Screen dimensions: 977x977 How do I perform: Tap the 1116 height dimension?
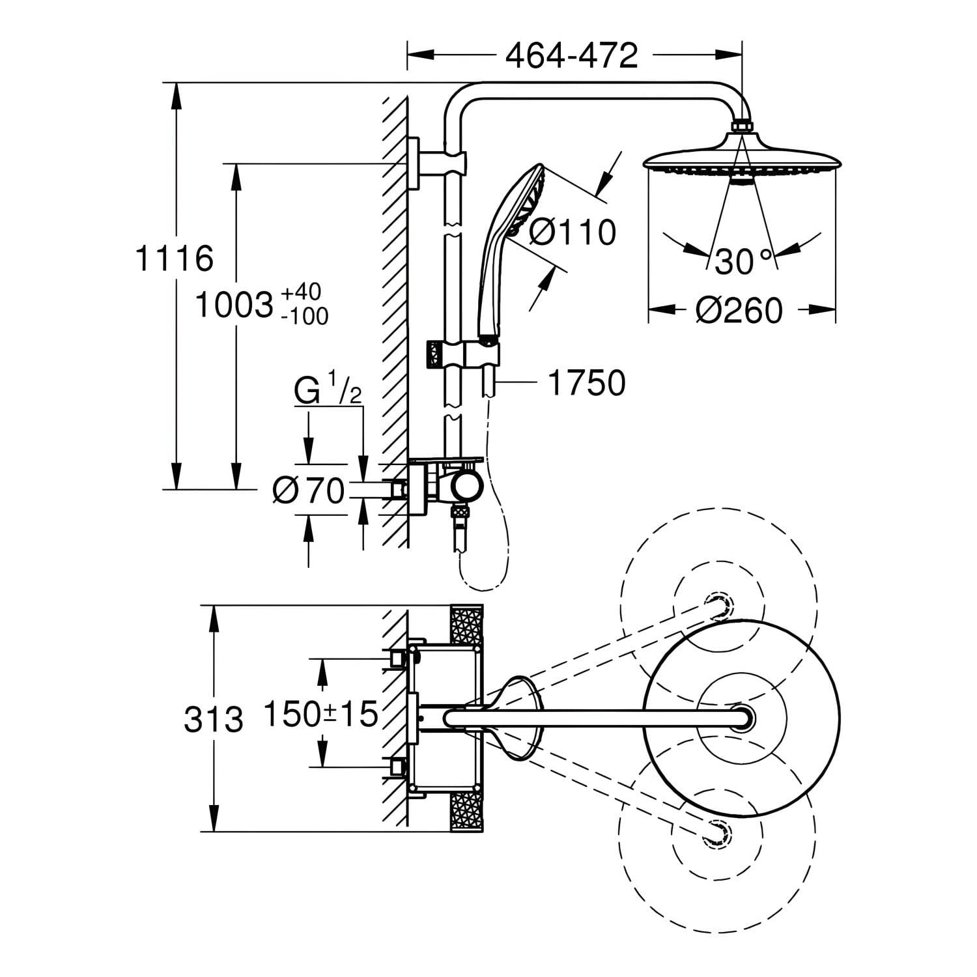(x=174, y=259)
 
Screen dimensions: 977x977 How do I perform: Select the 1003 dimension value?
(x=234, y=304)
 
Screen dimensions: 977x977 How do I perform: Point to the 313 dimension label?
(x=213, y=720)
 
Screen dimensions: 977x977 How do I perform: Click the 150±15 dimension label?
(x=320, y=714)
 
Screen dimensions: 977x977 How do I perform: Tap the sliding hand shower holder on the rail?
(x=463, y=356)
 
